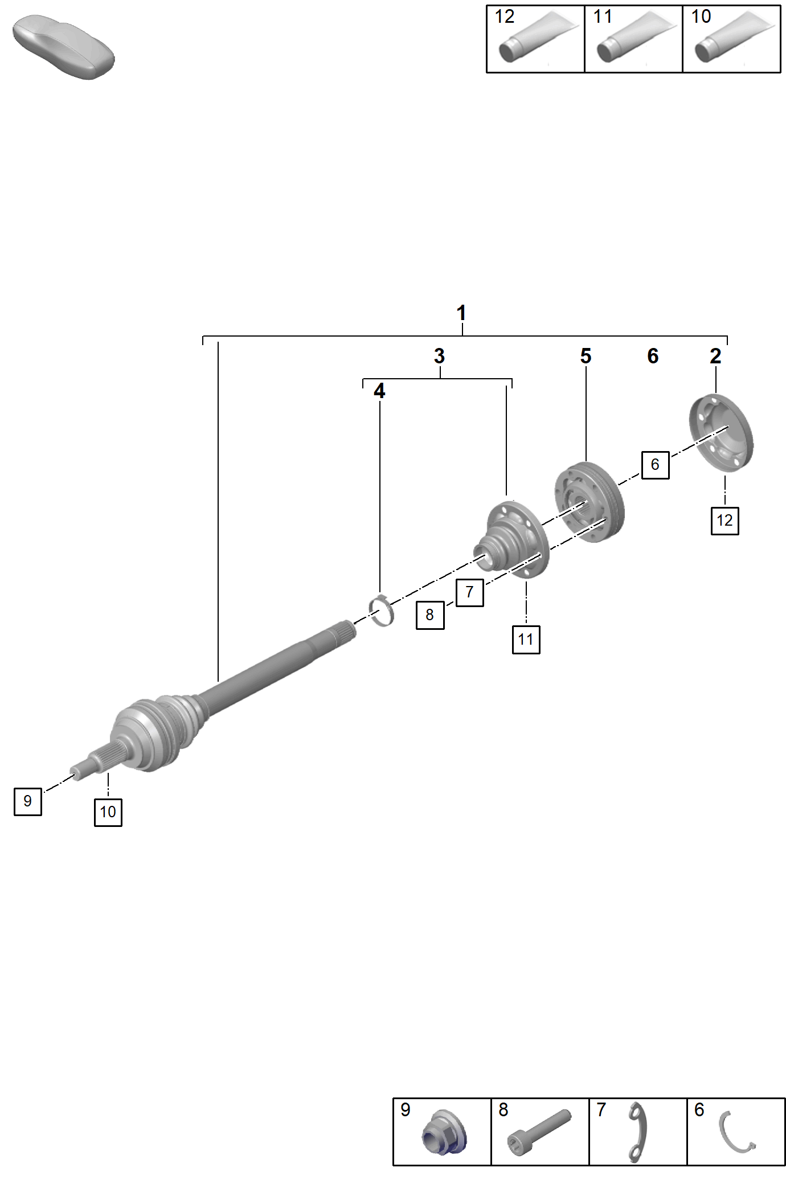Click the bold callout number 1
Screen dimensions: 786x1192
click(461, 313)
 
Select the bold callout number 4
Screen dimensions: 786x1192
click(379, 391)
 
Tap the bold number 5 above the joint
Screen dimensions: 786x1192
click(586, 356)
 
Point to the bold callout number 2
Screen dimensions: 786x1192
click(715, 356)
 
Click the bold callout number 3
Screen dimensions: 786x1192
click(439, 356)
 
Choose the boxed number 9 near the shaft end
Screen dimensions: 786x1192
click(27, 801)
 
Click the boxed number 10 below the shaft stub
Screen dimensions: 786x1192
click(108, 812)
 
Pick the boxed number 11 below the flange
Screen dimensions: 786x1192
click(526, 640)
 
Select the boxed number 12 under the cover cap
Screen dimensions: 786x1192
click(724, 521)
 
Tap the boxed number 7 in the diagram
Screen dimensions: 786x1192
click(469, 592)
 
